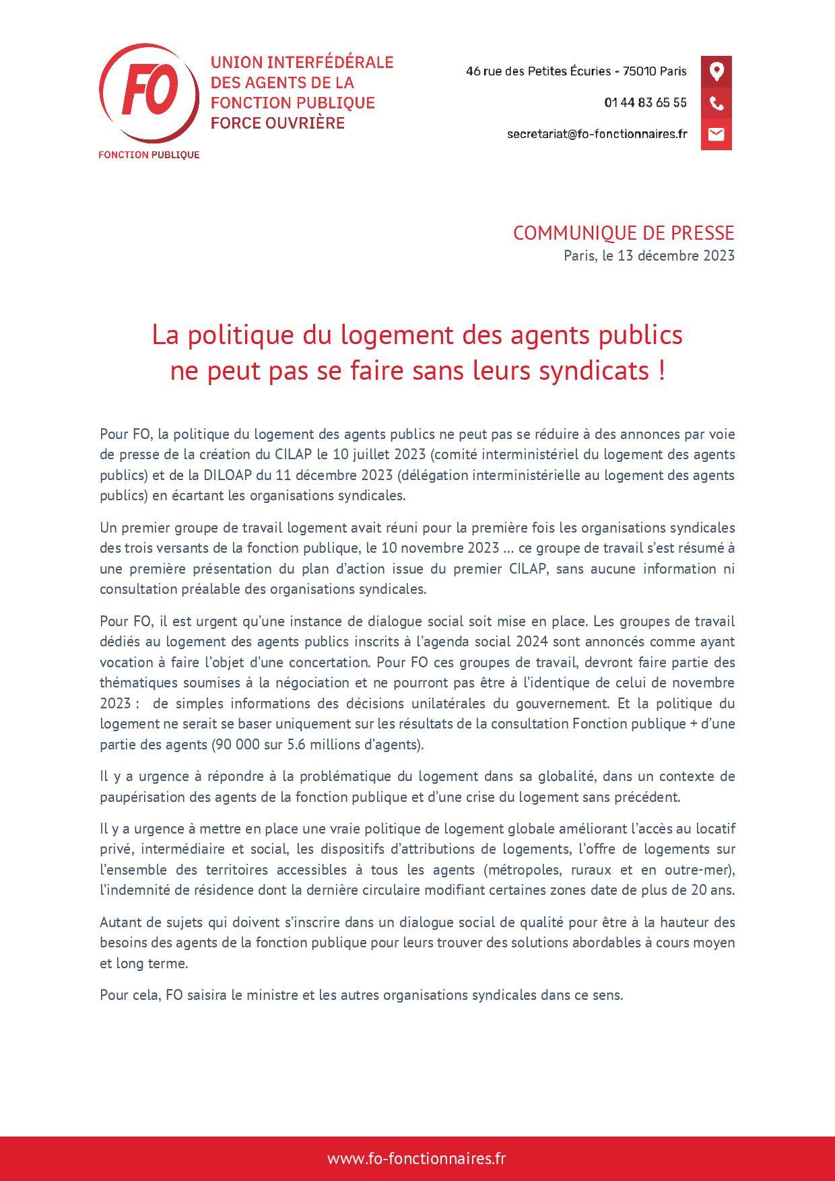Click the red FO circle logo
tap(149, 94)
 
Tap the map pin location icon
tap(716, 71)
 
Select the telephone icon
tap(716, 103)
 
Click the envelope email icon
tap(716, 134)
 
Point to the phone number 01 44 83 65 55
tap(645, 103)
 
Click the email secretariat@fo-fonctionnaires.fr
tap(597, 134)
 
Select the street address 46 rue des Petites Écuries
tap(538, 71)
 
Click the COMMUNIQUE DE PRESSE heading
tap(623, 233)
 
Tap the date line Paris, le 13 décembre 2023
tap(648, 256)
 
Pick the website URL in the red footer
tap(416, 1158)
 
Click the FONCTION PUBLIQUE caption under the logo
tap(149, 155)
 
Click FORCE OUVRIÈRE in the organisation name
tap(277, 123)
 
